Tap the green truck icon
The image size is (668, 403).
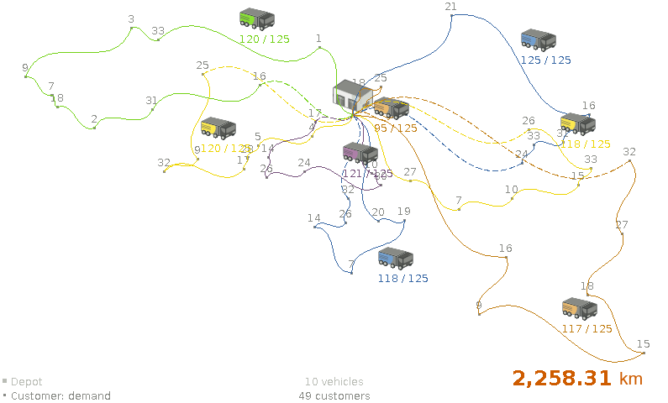point(256,19)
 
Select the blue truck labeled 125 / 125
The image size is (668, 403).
point(538,39)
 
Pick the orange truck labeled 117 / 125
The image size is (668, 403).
point(580,308)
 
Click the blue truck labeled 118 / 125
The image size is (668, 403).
point(395,258)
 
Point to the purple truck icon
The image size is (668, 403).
point(360,153)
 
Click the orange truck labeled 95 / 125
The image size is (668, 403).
point(392,108)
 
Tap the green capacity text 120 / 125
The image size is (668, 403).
point(264,39)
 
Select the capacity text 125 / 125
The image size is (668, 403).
point(545,60)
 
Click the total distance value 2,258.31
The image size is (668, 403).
point(562,379)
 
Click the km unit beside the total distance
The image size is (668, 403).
point(630,379)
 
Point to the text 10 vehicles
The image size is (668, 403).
point(334,382)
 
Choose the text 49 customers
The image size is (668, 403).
point(334,396)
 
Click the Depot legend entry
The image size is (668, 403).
point(26,382)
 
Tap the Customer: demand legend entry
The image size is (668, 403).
point(60,396)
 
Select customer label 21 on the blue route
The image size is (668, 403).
point(451,7)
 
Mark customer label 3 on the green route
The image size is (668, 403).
point(131,18)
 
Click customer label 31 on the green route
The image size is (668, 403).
point(151,101)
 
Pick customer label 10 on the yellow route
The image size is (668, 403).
point(512,190)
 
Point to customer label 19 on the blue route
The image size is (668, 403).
point(404,212)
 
